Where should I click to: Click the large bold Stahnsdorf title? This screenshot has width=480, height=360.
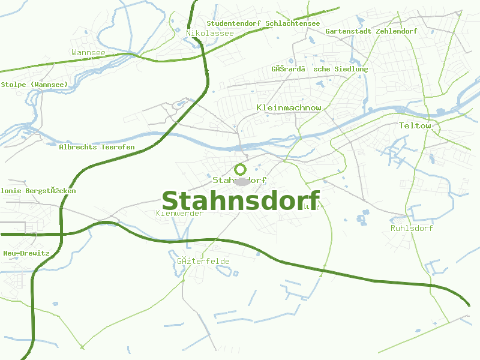(x=241, y=201)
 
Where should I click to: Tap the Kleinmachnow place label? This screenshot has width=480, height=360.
(x=289, y=107)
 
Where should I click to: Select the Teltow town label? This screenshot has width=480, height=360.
(x=415, y=125)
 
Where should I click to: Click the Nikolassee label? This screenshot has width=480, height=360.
(x=210, y=33)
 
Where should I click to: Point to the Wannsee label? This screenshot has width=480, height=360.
(x=88, y=53)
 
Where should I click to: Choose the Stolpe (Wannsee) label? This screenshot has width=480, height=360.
(x=34, y=85)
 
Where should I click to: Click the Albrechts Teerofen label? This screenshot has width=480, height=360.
(x=97, y=147)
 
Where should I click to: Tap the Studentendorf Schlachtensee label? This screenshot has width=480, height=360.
(x=263, y=23)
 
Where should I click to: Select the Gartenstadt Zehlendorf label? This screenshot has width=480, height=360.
(x=371, y=31)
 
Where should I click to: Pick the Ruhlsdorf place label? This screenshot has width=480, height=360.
(x=412, y=228)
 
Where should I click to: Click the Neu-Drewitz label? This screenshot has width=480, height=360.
(x=26, y=253)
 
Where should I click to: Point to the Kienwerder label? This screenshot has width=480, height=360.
(x=180, y=213)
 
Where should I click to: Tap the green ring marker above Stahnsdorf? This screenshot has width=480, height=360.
(x=241, y=169)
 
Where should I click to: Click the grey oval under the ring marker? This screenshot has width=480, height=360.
(x=242, y=181)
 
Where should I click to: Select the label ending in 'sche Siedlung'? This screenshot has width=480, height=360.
(x=320, y=69)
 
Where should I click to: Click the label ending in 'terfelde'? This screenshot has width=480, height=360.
(x=203, y=261)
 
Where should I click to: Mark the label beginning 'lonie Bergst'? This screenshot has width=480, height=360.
(x=38, y=191)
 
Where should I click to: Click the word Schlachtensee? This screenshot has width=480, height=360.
(x=293, y=23)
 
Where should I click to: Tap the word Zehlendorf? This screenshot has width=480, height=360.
(x=396, y=31)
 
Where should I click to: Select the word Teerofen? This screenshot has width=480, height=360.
(x=118, y=147)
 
